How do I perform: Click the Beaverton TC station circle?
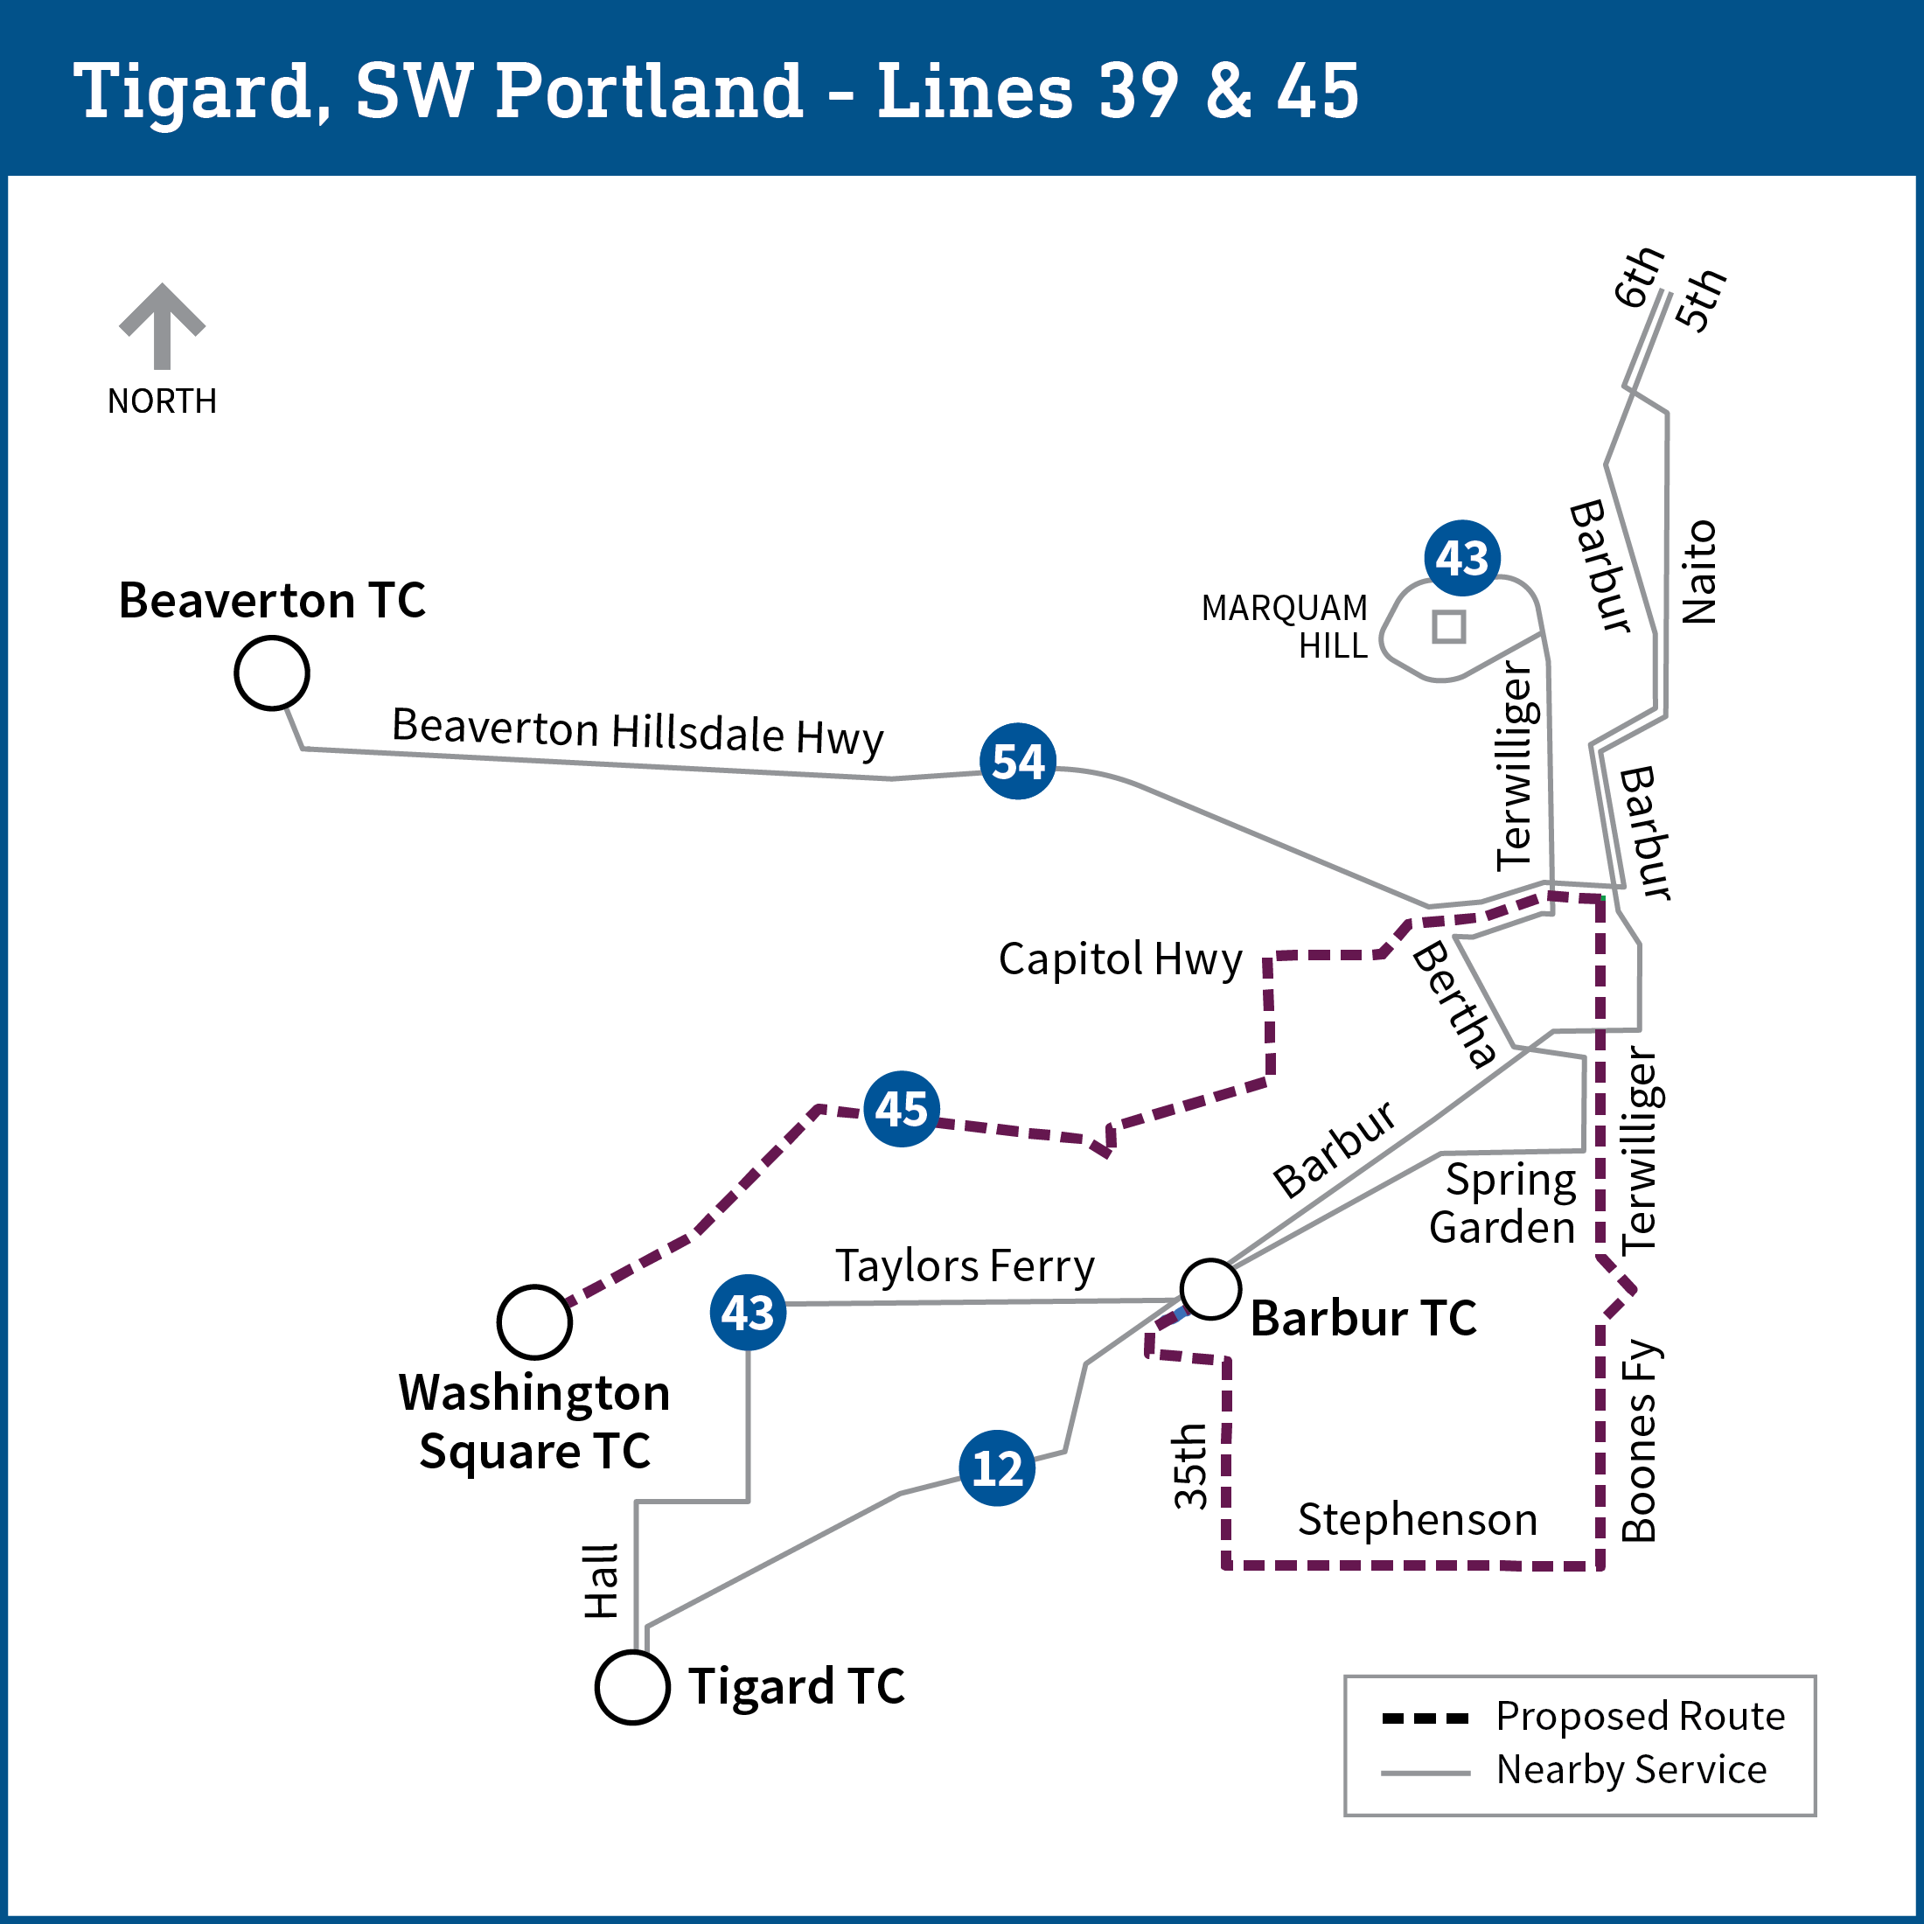[x=272, y=673]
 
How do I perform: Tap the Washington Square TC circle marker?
[x=534, y=1322]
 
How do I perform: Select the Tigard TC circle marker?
[x=631, y=1687]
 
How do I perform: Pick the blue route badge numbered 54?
[x=1018, y=761]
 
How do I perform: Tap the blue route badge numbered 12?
[x=997, y=1467]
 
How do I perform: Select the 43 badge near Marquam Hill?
[x=1462, y=558]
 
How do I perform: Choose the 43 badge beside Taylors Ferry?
[x=748, y=1313]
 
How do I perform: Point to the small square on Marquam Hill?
[x=1449, y=626]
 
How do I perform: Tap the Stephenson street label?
[x=1417, y=1520]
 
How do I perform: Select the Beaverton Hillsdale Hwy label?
[x=638, y=731]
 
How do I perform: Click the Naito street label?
[x=1699, y=572]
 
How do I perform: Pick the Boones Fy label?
[x=1638, y=1440]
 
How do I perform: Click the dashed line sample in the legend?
[x=1426, y=1718]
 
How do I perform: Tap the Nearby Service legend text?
[x=1631, y=1769]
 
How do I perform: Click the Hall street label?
[x=602, y=1581]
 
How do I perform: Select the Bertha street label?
[x=1455, y=1004]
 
